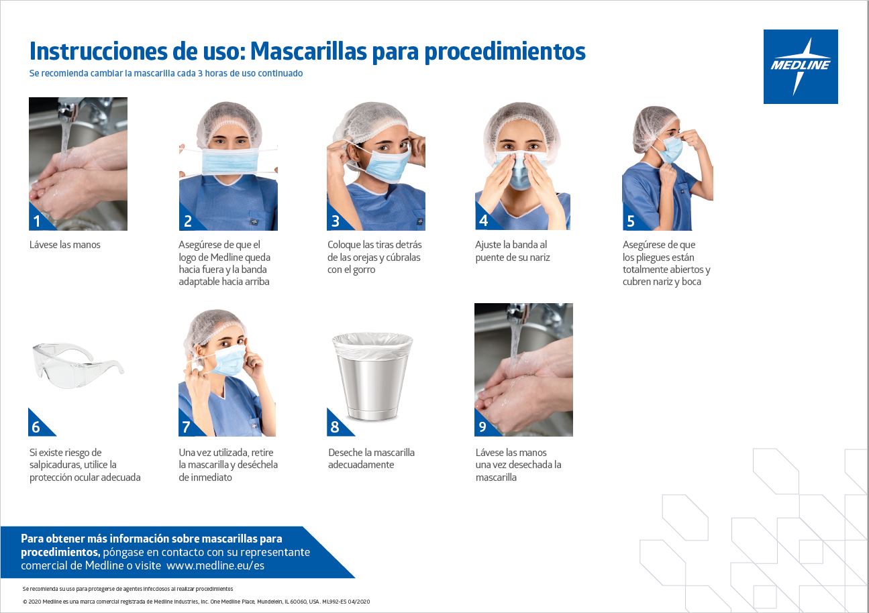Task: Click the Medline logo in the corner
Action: tap(800, 66)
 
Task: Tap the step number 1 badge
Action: tap(38, 221)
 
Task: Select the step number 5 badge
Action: tap(630, 221)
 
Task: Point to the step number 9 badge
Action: tap(482, 427)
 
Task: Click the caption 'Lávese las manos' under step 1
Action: tap(65, 245)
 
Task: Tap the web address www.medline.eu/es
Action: tap(215, 565)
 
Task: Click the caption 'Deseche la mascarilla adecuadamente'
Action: tap(371, 459)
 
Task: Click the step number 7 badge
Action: tap(187, 427)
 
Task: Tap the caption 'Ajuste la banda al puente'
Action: tap(511, 251)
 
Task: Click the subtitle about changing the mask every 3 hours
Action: tap(166, 73)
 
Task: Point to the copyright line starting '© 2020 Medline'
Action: tap(196, 602)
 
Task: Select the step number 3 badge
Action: tap(335, 221)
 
